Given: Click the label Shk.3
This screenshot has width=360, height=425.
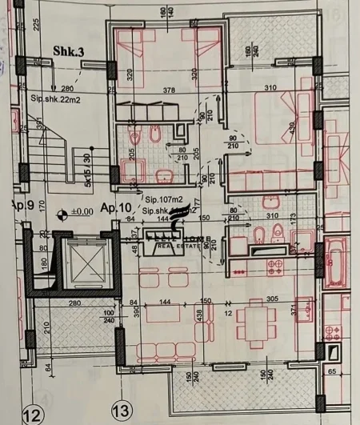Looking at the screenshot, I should click(69, 50).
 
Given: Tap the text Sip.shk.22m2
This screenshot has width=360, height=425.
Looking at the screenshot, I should click(54, 98).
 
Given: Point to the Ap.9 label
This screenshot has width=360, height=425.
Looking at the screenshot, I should click(22, 206).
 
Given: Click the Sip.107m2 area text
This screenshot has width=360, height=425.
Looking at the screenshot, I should click(162, 202).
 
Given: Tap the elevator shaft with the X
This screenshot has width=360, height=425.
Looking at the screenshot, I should click(82, 263).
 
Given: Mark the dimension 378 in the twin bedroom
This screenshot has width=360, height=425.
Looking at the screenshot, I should click(169, 90).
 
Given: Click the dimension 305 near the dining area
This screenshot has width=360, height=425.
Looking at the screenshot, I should click(272, 299).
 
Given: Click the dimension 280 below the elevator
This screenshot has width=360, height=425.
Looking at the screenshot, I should click(77, 303).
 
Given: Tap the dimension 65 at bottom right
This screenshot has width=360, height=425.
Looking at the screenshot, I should click(332, 371).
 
